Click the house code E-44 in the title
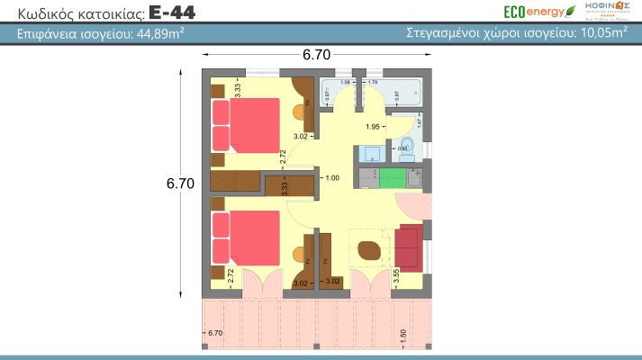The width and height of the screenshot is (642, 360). point(168,12)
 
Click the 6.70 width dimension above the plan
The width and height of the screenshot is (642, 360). point(317,55)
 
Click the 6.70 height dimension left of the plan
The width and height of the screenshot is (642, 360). point(180,184)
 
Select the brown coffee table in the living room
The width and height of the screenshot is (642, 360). point(369,249)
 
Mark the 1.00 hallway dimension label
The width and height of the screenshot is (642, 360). point(333,178)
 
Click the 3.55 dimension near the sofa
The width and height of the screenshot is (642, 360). point(396,276)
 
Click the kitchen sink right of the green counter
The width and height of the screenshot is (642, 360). point(414,178)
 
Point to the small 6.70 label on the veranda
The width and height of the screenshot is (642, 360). point(215,334)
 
